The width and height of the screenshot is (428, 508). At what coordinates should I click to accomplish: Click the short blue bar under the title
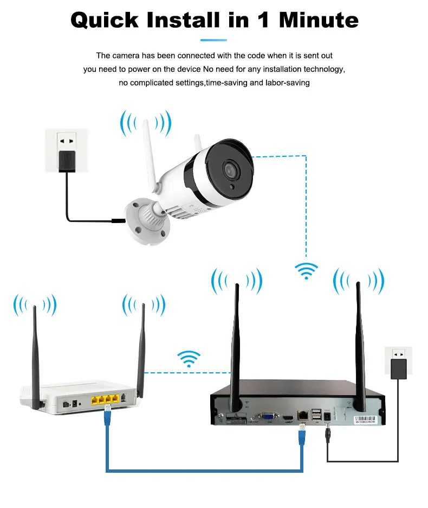(x=213, y=40)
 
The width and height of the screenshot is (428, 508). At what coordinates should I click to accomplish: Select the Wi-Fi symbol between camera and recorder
(x=306, y=270)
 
